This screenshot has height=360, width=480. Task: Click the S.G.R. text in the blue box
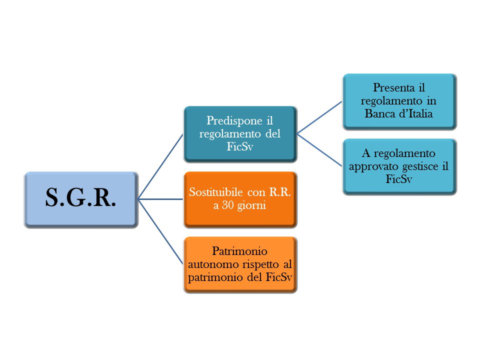(80, 198)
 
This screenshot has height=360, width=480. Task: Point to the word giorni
(253, 205)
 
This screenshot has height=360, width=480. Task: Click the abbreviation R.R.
(280, 192)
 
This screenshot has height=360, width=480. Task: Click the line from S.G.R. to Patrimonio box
(160, 230)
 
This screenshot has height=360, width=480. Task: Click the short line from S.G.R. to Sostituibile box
(160, 199)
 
